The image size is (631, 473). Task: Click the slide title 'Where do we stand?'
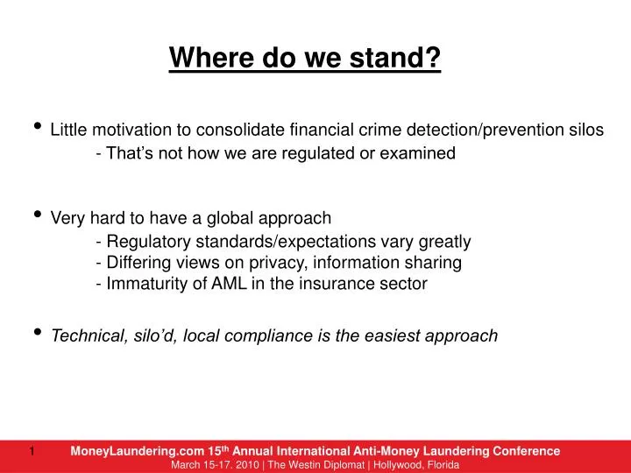(305, 59)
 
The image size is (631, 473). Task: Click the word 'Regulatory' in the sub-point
(143, 241)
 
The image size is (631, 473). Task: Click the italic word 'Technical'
(88, 335)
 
